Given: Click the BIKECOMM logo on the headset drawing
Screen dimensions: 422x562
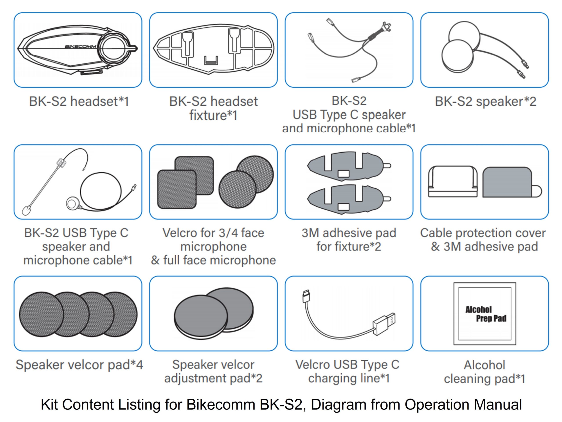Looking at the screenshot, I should pyautogui.click(x=81, y=47).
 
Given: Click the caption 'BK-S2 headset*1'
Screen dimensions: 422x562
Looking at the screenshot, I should pyautogui.click(x=79, y=101).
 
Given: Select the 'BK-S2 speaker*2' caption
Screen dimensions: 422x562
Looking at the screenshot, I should pyautogui.click(x=486, y=101).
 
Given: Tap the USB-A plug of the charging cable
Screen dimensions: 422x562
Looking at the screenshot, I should pyautogui.click(x=384, y=323).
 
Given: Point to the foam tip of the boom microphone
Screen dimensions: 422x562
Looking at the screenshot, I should pyautogui.click(x=26, y=211).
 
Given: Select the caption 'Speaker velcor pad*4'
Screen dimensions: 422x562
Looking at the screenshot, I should pyautogui.click(x=79, y=365).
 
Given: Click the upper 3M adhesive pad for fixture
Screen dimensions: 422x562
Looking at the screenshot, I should pyautogui.click(x=348, y=166).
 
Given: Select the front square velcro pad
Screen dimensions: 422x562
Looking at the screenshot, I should pyautogui.click(x=177, y=189).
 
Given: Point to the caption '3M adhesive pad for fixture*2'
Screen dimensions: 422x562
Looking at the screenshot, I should pyautogui.click(x=349, y=240).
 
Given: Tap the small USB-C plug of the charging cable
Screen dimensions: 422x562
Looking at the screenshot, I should pyautogui.click(x=306, y=296).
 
